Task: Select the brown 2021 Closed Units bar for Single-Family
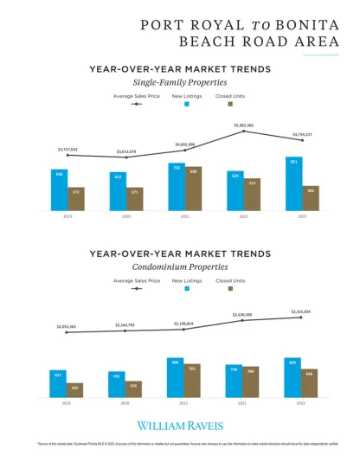[x=194, y=189]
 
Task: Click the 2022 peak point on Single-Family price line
[x=244, y=131]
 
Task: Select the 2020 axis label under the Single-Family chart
[x=126, y=216]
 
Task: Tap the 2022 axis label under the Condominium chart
[x=243, y=403]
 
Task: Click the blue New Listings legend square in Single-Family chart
[x=187, y=103]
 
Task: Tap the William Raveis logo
[x=180, y=425]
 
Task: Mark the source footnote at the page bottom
[x=180, y=444]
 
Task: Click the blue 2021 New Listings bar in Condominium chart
[x=176, y=378]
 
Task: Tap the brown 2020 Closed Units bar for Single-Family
[x=135, y=199]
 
